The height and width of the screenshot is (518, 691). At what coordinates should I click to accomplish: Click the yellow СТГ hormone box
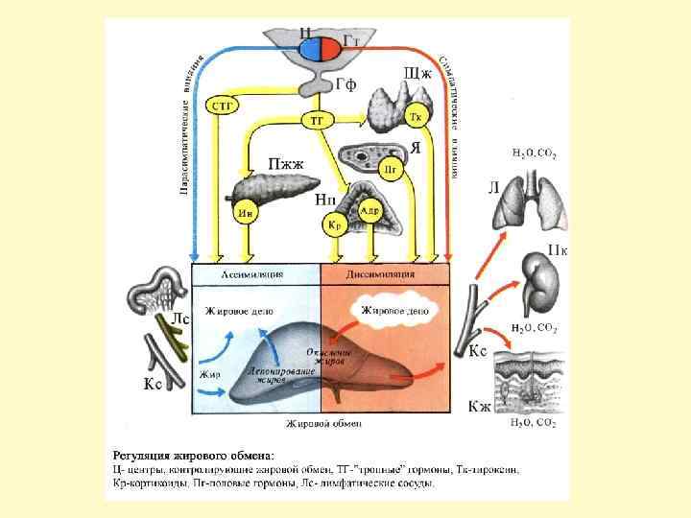point(224,106)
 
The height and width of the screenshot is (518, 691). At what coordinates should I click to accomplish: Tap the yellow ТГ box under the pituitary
point(318,120)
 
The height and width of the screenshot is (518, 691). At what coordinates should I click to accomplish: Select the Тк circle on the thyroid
point(416,117)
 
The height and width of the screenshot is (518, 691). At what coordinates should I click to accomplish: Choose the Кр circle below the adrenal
point(335,225)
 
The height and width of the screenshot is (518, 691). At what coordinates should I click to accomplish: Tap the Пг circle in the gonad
point(390,170)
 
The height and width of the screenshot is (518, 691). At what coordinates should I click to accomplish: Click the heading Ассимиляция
point(254,273)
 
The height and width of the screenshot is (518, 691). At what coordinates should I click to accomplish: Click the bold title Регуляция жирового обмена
point(194,454)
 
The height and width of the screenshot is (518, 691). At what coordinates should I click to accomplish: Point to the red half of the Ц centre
point(328,48)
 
